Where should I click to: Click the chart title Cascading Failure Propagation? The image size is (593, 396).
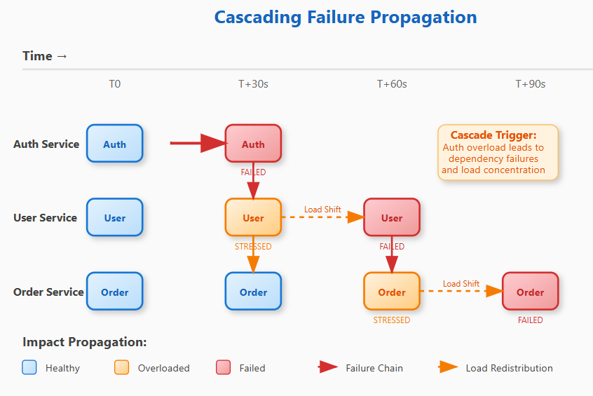(345, 18)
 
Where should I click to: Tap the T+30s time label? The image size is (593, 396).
(253, 84)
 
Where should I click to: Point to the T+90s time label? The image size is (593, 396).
(530, 84)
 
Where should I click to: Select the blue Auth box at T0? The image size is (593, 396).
(114, 144)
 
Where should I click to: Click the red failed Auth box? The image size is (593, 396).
(253, 144)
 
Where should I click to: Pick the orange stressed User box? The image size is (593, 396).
(253, 218)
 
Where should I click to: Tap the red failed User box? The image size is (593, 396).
(391, 218)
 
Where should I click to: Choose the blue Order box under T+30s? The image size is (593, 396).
(253, 292)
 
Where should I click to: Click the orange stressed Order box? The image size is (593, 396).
(391, 292)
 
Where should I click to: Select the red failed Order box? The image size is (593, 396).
(530, 292)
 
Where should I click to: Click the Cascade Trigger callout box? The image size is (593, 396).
(498, 153)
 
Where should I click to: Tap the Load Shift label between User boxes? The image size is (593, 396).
(322, 210)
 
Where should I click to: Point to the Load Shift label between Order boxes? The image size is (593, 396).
(461, 284)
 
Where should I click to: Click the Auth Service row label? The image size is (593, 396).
(46, 144)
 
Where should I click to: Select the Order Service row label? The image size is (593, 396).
(48, 292)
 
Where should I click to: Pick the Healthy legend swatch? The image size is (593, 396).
(29, 367)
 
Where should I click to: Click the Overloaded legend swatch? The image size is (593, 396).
(121, 367)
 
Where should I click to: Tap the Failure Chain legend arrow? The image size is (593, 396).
(328, 367)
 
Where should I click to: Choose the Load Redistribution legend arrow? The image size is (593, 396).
(449, 367)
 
